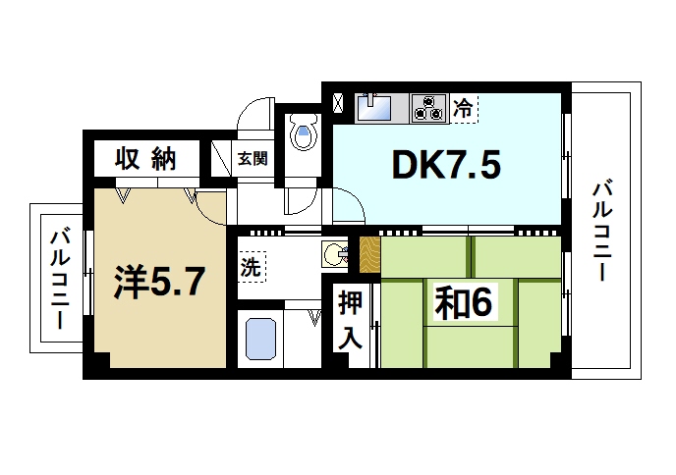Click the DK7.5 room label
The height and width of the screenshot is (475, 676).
tap(447, 166)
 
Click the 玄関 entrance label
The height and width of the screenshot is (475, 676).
tap(252, 158)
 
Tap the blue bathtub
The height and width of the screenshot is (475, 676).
tap(260, 340)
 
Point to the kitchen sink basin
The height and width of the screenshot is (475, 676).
tap(378, 104)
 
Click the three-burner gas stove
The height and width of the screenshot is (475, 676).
tap(429, 106)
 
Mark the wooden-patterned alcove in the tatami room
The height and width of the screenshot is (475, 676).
tap(368, 254)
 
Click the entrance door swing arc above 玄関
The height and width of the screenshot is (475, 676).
tap(257, 114)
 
